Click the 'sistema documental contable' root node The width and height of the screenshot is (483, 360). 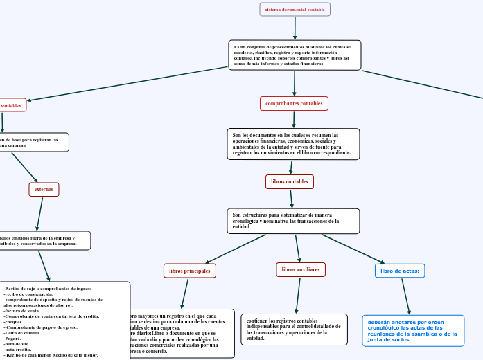point(295,10)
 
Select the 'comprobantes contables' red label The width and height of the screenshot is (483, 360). point(294,103)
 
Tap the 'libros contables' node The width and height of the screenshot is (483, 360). point(290,181)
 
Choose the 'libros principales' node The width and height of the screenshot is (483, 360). point(190,271)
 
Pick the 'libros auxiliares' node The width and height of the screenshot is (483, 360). point(301,269)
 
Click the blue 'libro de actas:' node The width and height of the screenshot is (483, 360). point(400,271)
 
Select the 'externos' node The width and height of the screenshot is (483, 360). point(44,189)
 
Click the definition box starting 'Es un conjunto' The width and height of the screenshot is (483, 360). point(295,55)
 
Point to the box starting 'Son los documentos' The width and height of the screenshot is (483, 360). point(293,144)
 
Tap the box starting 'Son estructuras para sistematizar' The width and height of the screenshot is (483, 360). point(293,221)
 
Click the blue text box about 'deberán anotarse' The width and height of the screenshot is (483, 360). point(413,330)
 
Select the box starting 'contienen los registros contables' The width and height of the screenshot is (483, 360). point(294,330)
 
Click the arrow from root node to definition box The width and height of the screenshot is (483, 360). point(295,28)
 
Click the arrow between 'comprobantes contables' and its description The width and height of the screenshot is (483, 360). point(295,119)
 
